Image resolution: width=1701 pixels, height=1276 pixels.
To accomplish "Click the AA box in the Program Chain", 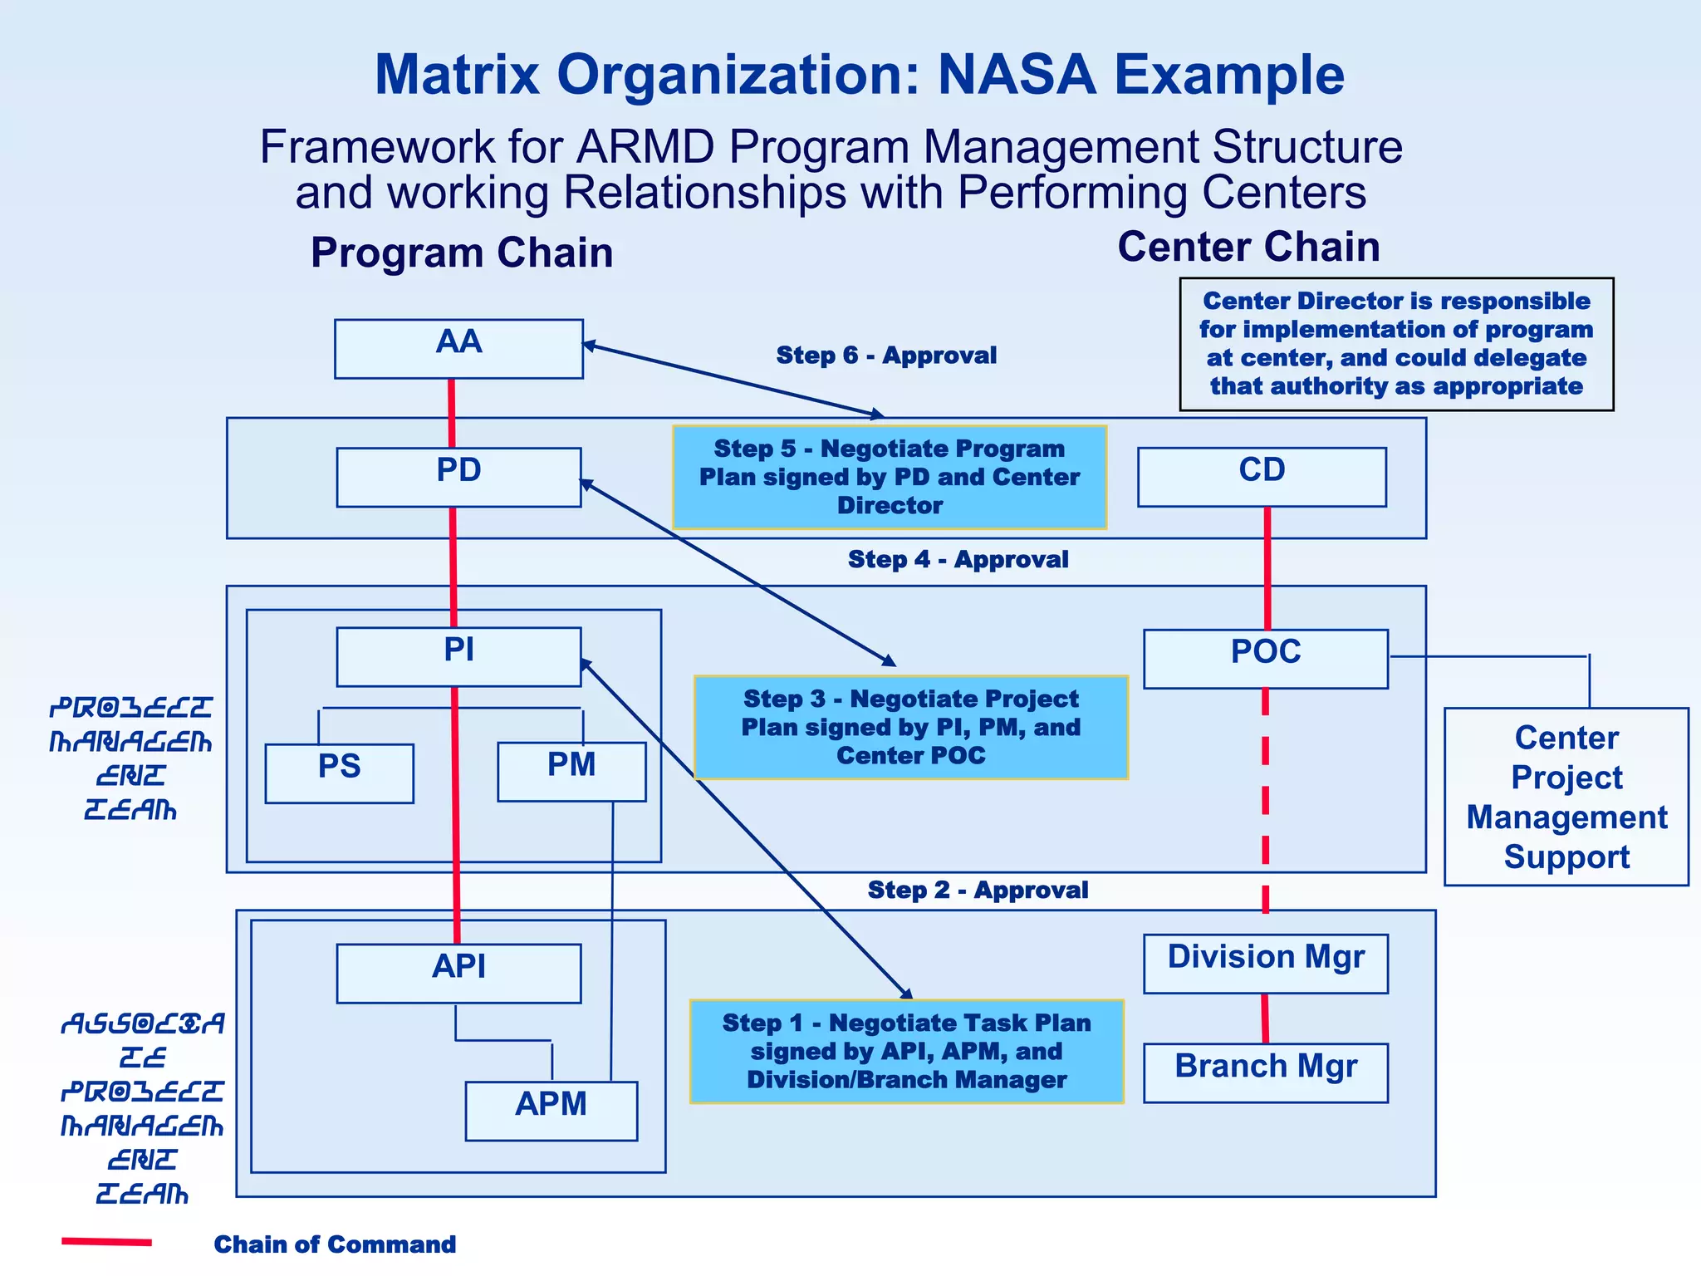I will coord(458,349).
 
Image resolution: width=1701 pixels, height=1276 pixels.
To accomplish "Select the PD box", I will coord(458,477).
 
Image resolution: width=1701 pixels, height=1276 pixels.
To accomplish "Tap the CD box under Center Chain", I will coord(1262,477).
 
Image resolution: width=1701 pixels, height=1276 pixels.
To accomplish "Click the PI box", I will coord(458,656).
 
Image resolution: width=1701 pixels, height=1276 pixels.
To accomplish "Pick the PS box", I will coord(339,773).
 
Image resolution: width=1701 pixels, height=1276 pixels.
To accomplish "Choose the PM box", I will coord(571,771).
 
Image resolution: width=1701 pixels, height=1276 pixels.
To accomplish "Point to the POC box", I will coord(1265,658).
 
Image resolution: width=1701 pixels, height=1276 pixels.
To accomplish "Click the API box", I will coord(458,973).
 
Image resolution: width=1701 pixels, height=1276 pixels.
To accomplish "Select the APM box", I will coord(551,1111).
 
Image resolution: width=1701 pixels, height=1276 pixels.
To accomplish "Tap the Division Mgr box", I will coord(1265,963).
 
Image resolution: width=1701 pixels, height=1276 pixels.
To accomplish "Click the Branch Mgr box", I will coord(1265,1072).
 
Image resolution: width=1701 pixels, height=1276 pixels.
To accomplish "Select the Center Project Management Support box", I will coord(1566,797).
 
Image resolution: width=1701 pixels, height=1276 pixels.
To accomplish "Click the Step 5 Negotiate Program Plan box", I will coord(890,477).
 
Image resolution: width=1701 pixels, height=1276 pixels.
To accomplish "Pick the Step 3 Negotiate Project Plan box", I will coord(910,727).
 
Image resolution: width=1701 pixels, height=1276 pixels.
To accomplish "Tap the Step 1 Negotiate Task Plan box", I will coord(906,1051).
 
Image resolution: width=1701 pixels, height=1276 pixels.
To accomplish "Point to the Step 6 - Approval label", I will coord(886,356).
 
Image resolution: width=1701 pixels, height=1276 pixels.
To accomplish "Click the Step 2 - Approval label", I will coord(978,890).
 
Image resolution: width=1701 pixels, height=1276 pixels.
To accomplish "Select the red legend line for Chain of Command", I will coord(106,1242).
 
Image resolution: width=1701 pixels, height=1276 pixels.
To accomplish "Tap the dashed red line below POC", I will coord(1265,797).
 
